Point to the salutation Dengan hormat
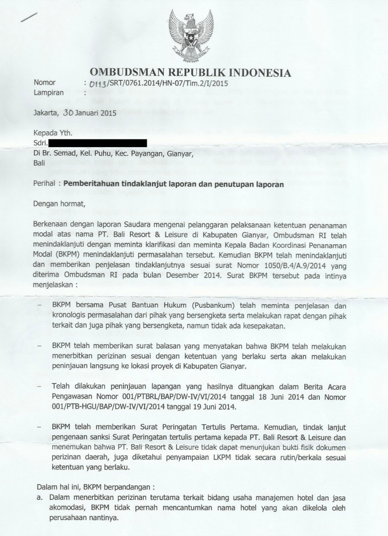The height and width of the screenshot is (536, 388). [x=59, y=204]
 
